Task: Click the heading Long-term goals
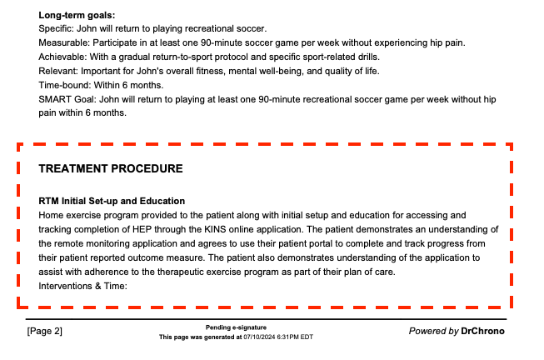[x=77, y=15]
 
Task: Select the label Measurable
[x=63, y=42]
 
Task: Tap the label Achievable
[x=62, y=57]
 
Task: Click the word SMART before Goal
[x=55, y=99]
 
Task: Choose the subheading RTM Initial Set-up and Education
[x=112, y=201]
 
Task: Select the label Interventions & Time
[x=82, y=286]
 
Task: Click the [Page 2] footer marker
[x=45, y=332]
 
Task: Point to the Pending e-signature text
[x=236, y=327]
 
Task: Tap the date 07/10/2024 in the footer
[x=257, y=337]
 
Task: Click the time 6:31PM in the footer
[x=287, y=337]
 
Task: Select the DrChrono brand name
[x=482, y=332]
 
